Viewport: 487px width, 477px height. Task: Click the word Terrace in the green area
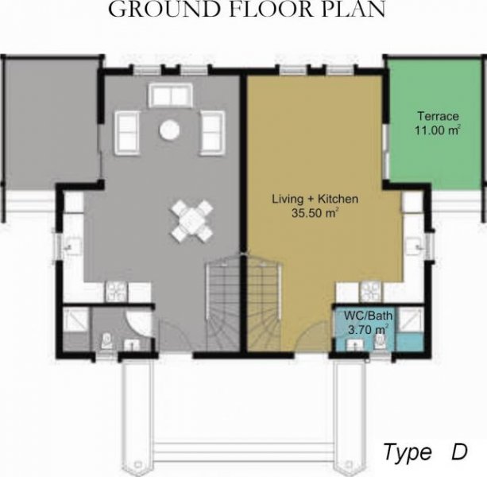(438, 116)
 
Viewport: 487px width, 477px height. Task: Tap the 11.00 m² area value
(437, 130)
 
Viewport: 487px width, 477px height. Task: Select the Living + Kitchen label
(315, 199)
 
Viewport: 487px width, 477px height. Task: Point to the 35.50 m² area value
(315, 213)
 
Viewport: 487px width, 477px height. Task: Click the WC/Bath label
(368, 316)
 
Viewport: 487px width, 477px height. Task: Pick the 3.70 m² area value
(368, 329)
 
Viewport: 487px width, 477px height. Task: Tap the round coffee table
(169, 130)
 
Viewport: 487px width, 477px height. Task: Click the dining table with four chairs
(192, 221)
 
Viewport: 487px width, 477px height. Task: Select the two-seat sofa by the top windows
(171, 95)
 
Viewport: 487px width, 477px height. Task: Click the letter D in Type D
(459, 452)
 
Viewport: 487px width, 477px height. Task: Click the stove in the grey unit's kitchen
(117, 292)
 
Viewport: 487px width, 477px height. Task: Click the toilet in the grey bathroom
(106, 341)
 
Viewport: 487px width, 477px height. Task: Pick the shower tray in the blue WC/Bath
(410, 320)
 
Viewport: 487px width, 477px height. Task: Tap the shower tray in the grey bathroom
(75, 320)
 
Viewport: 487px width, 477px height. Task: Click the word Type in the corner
(408, 453)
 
